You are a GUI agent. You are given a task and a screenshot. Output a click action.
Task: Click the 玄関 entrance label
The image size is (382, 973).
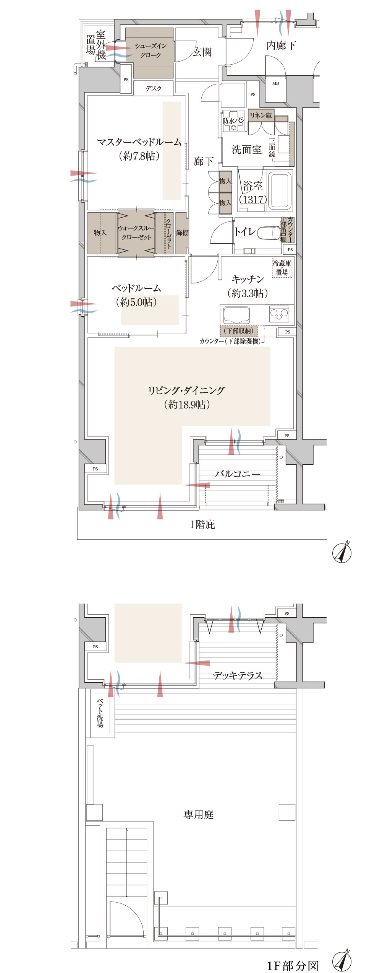(x=202, y=52)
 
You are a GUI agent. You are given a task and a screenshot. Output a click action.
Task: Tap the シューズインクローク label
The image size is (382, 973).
(x=150, y=50)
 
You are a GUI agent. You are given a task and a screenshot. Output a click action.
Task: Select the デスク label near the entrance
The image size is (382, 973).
(x=153, y=88)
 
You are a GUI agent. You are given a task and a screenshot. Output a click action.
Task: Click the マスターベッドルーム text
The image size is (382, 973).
(x=139, y=143)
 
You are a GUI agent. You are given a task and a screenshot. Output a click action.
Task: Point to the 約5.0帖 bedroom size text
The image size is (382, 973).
(x=136, y=302)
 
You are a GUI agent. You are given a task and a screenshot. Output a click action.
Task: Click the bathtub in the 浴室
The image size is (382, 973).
(x=280, y=190)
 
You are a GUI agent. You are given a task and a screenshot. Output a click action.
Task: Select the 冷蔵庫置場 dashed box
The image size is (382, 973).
(x=282, y=267)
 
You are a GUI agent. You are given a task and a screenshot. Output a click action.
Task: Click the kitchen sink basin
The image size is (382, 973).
(x=236, y=314)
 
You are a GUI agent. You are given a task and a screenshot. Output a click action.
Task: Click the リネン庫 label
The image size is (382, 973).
(x=261, y=115)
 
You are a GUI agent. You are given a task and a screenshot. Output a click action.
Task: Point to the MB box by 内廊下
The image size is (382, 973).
(x=275, y=83)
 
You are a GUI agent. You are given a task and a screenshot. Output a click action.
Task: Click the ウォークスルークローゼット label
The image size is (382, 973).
(x=136, y=233)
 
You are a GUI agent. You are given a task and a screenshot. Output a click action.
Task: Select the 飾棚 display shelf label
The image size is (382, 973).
(x=182, y=233)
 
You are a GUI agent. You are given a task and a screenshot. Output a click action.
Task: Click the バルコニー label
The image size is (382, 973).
(x=237, y=474)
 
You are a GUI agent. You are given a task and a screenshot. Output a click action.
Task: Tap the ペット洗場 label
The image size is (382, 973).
(x=100, y=713)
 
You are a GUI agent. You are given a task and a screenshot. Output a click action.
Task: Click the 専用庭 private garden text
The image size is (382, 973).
(x=198, y=815)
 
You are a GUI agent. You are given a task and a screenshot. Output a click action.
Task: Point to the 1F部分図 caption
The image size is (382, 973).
(x=293, y=966)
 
